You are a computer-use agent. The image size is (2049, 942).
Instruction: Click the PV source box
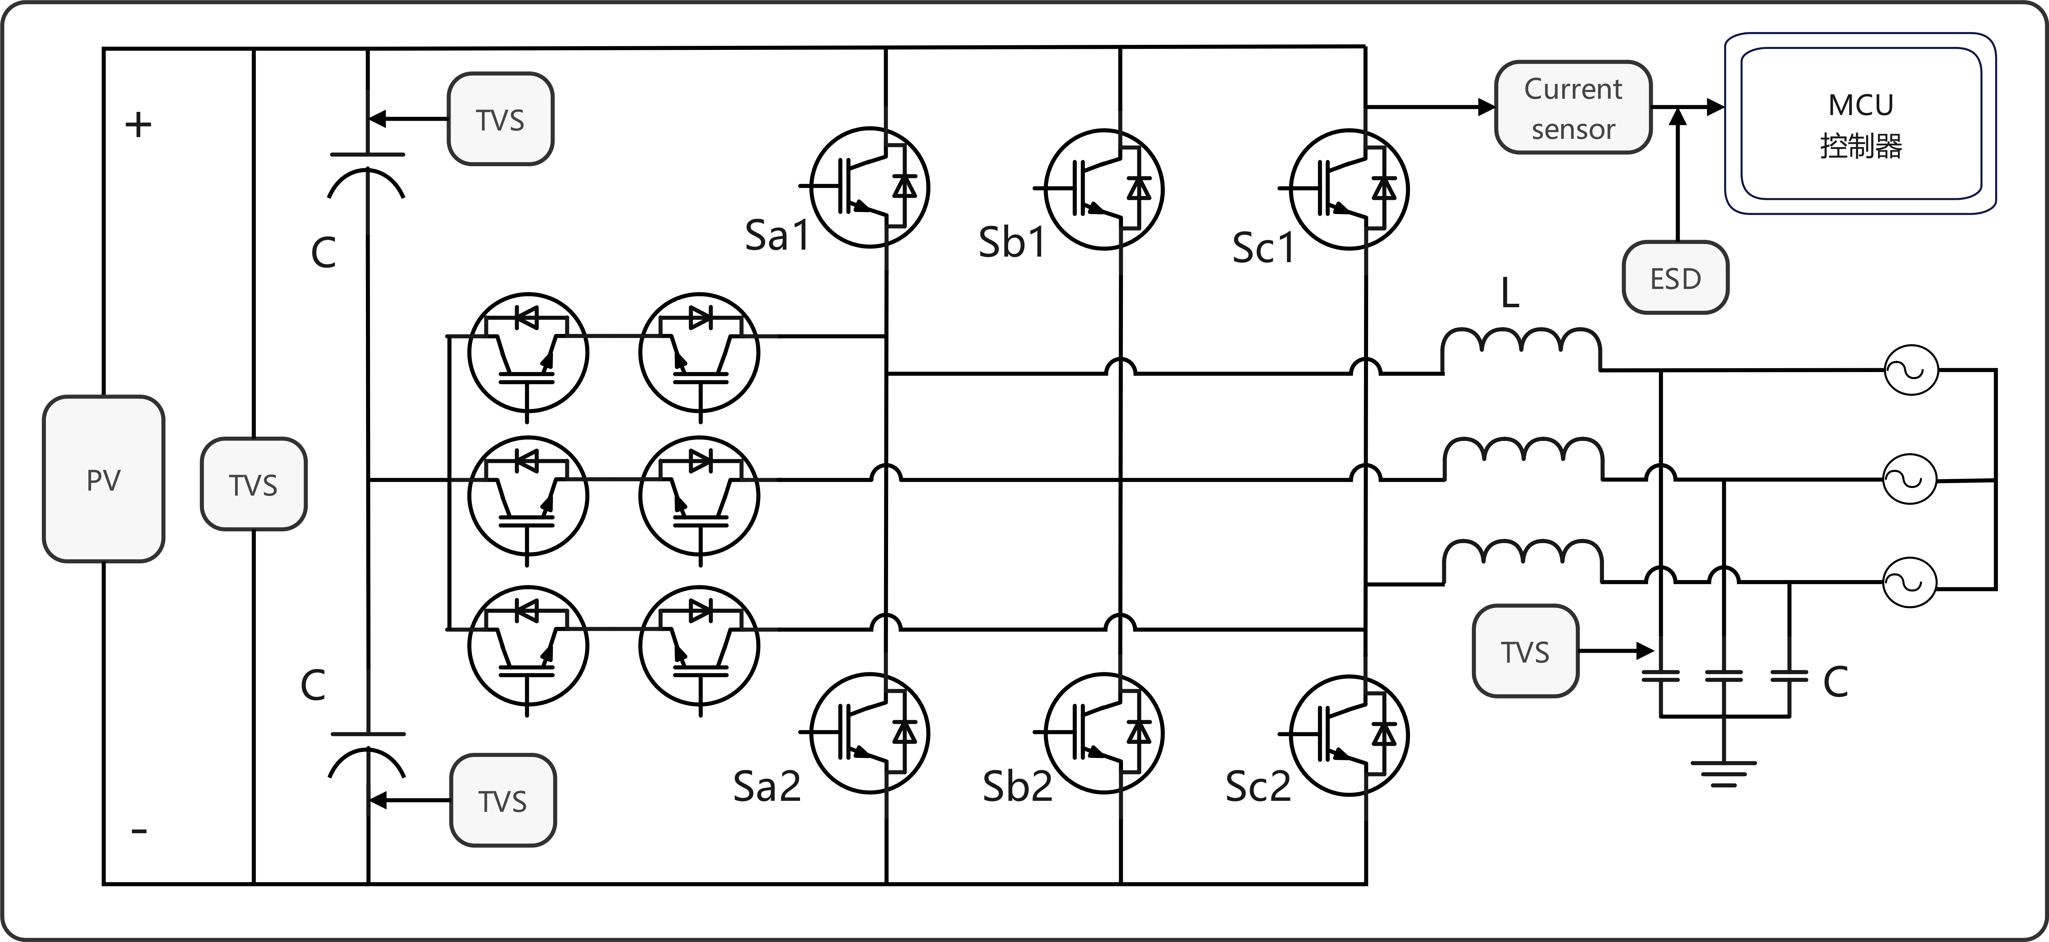coord(104,479)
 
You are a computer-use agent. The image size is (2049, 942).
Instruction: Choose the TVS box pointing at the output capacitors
coord(1525,651)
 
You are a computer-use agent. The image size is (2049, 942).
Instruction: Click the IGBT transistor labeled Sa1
coord(870,187)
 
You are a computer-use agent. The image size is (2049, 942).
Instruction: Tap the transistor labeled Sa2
coord(870,733)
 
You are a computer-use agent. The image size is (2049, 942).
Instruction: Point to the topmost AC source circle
coord(1911,370)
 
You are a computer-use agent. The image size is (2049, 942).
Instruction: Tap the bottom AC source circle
coord(1909,583)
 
